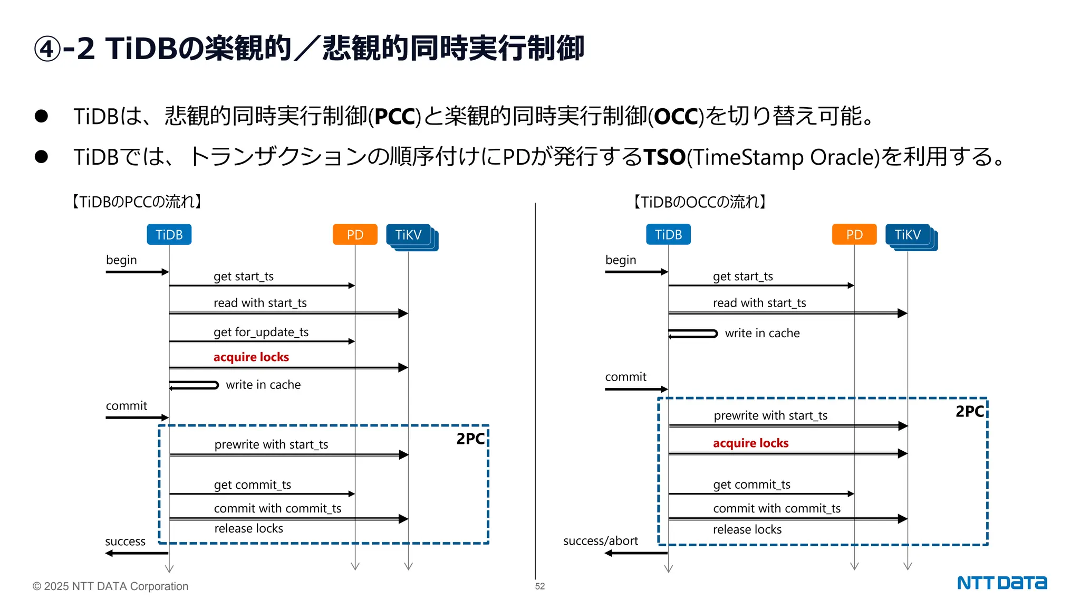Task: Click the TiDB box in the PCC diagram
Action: (x=169, y=234)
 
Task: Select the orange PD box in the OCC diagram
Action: (x=854, y=234)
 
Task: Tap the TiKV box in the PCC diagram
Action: (x=408, y=234)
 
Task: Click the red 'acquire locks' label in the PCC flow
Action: (x=251, y=357)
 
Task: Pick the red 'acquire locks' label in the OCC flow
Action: (x=750, y=443)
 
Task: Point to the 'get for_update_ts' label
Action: (x=261, y=332)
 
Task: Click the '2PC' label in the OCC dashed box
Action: (x=969, y=412)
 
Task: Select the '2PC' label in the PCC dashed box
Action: (x=470, y=439)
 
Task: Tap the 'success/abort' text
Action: (x=600, y=541)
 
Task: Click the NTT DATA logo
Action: (x=1001, y=583)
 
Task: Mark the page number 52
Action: (x=539, y=586)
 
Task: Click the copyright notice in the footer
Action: (x=110, y=586)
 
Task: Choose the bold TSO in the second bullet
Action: (x=664, y=157)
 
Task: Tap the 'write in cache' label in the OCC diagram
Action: (x=762, y=333)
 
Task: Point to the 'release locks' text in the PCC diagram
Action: (x=248, y=528)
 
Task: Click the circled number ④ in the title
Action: (x=47, y=49)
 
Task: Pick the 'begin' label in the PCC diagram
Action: (x=121, y=260)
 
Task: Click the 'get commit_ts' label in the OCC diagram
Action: (x=751, y=484)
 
